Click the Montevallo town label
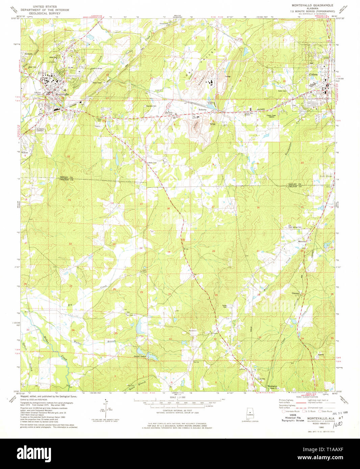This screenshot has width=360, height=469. pyautogui.click(x=62, y=94)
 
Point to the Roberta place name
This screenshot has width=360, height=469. pyautogui.click(x=202, y=110)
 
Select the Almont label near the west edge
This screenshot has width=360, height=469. pyautogui.click(x=28, y=54)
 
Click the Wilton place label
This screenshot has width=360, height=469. pyautogui.click(x=25, y=153)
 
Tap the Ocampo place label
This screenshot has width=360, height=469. pyautogui.click(x=295, y=294)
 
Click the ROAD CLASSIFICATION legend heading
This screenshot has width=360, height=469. pyautogui.click(x=307, y=397)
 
